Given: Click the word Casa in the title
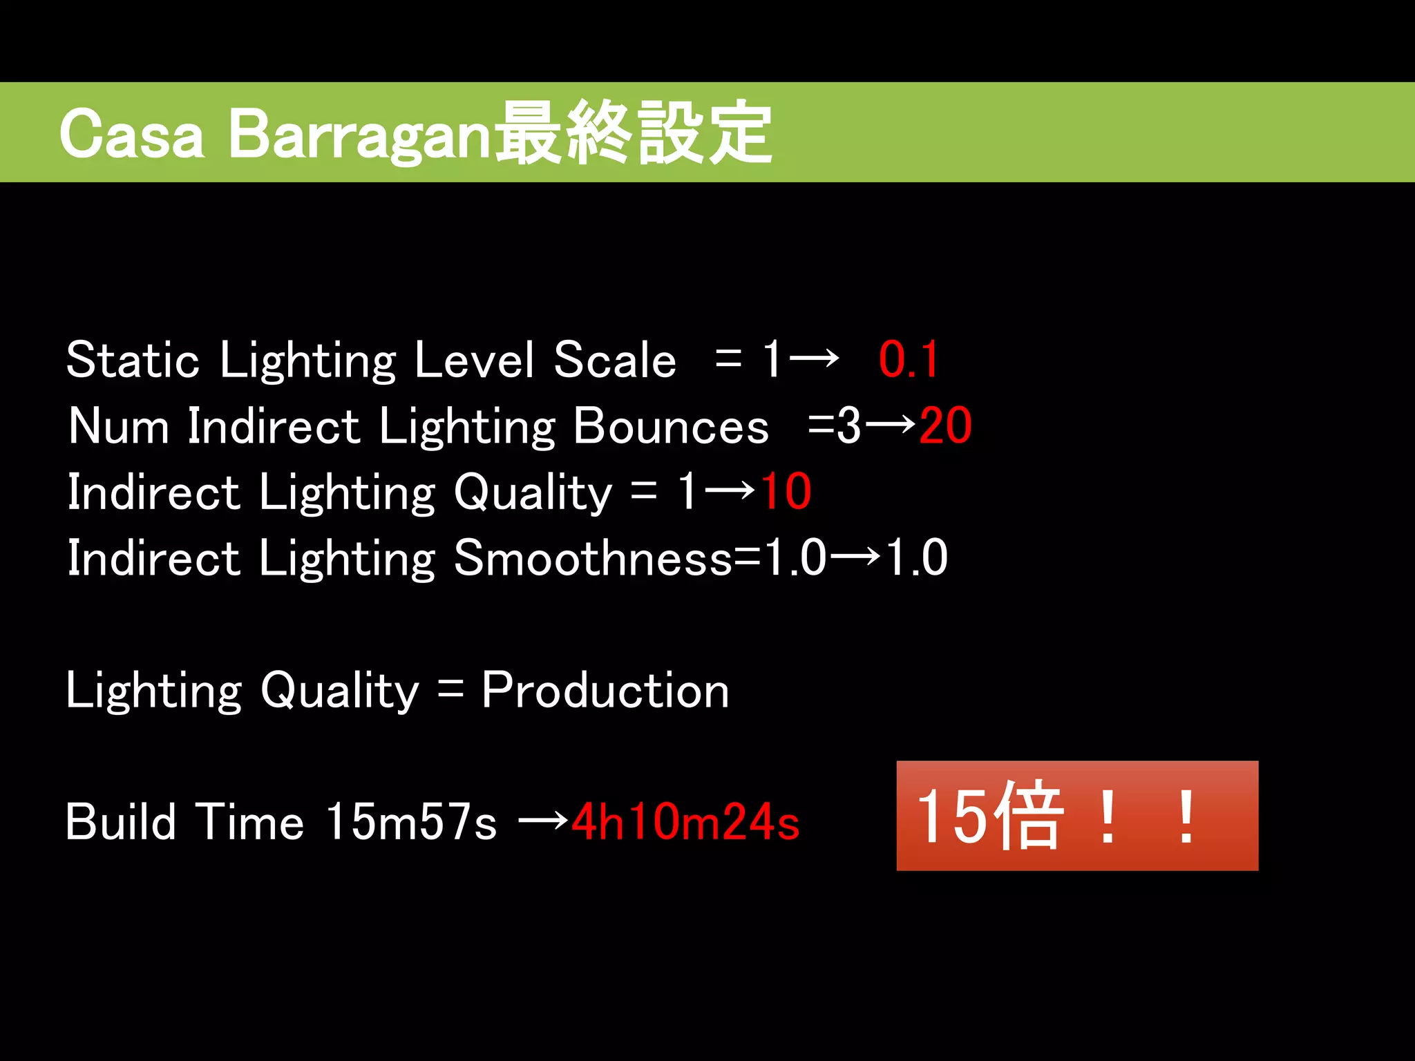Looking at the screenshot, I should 131,134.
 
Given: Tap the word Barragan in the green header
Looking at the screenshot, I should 359,134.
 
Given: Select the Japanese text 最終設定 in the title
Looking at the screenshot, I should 634,133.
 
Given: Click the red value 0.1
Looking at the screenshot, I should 909,360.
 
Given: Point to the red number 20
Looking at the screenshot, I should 945,426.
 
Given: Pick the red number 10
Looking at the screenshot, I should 786,492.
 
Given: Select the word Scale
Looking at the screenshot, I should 614,360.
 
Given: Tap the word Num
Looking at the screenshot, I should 118,426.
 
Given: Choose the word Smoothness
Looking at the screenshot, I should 592,558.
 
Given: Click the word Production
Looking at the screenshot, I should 605,690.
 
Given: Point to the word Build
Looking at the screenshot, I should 121,822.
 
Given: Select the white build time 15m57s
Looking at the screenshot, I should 411,822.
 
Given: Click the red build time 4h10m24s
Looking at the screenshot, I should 685,822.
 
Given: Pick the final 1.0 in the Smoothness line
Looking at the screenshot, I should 916,558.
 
